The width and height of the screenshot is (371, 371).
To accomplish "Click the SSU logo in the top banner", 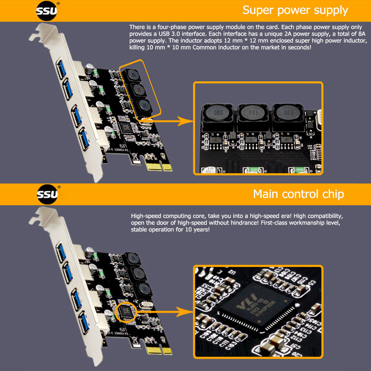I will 46,11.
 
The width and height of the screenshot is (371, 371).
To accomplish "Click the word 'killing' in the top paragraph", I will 138,48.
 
